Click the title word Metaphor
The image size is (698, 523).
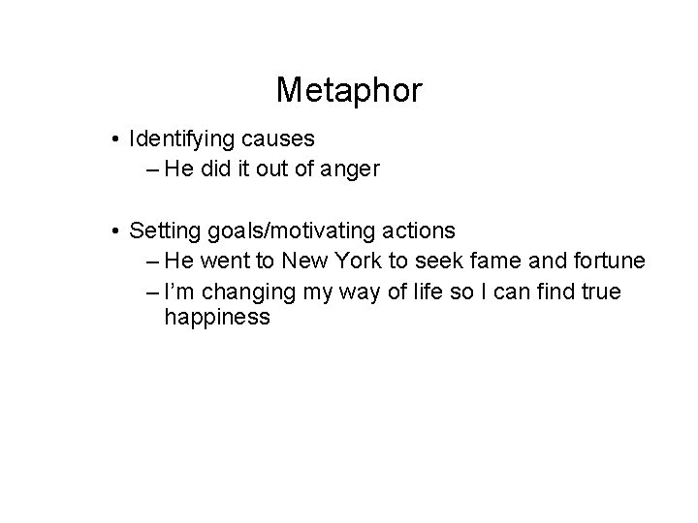pyautogui.click(x=349, y=91)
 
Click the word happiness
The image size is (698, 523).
pyautogui.click(x=217, y=317)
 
